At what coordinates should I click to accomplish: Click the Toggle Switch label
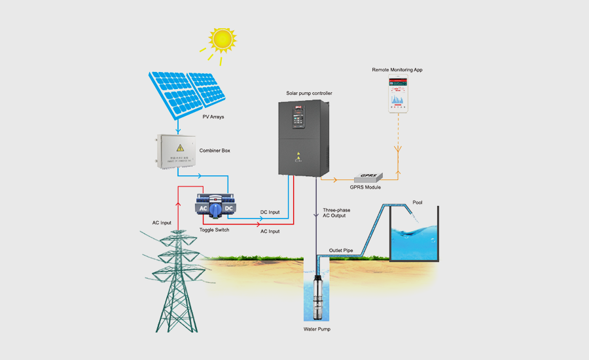[x=214, y=230]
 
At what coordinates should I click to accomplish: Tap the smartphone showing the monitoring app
[x=404, y=94]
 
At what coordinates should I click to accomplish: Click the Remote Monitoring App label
[x=402, y=69]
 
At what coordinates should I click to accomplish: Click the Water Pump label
[x=317, y=329]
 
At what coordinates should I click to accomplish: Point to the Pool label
[x=418, y=202]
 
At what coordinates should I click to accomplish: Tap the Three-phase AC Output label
[x=337, y=213]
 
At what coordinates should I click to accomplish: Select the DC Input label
[x=270, y=212]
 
